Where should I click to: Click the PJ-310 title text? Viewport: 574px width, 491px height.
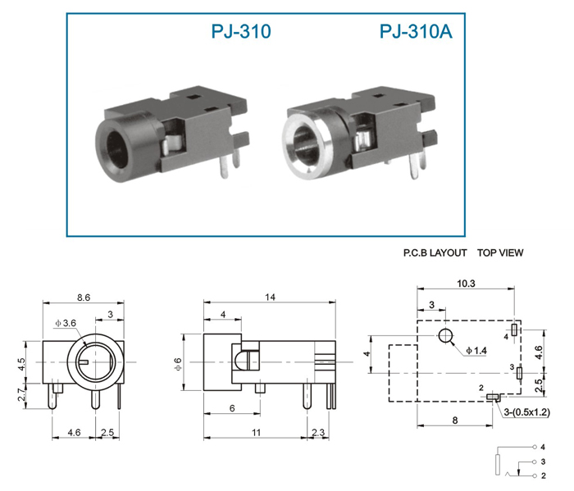coord(241,31)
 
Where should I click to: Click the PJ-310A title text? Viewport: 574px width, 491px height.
coord(416,31)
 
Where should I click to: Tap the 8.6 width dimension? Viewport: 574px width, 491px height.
coord(84,298)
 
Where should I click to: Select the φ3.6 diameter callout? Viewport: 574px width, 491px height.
coord(66,323)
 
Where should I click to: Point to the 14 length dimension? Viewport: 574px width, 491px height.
coord(270,297)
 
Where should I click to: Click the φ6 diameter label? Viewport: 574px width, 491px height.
coord(178,364)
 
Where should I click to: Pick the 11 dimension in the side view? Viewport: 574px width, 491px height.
coord(256,433)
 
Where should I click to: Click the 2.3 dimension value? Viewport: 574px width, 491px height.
coord(318,433)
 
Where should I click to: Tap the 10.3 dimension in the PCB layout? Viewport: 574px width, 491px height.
coord(466,283)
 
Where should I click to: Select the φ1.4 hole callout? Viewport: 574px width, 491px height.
coord(476,351)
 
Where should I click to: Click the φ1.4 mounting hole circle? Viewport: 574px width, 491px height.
coord(445,336)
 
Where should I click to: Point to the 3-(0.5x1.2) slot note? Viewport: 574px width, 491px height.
coord(526,412)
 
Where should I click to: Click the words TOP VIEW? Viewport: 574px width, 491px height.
coord(500,252)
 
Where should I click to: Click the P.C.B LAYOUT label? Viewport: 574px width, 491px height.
coord(435,252)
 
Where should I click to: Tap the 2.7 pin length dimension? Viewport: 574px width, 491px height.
coord(22,395)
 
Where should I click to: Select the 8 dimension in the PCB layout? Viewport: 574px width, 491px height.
coord(455,421)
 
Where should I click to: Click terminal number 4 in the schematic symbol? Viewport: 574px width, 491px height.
coord(543,447)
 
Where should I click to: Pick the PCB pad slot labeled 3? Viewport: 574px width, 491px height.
coord(519,374)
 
